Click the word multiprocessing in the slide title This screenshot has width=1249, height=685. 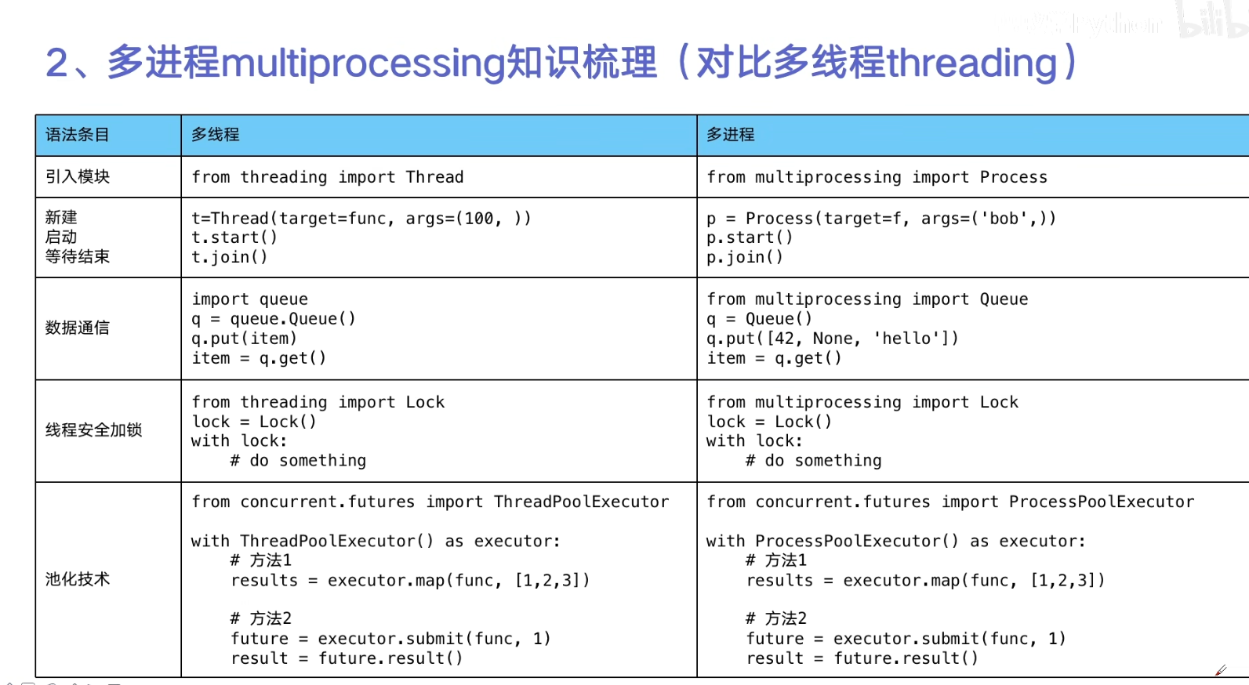pos(363,63)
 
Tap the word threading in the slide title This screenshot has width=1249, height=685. pos(972,63)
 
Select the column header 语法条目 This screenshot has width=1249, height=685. pos(78,135)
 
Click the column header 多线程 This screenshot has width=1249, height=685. pos(216,135)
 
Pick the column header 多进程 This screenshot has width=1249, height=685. pos(731,135)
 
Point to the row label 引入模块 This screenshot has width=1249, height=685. pos(78,176)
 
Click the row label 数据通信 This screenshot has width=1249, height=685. pos(78,328)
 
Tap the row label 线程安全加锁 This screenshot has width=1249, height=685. pos(93,430)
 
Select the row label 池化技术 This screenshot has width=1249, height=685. pos(78,580)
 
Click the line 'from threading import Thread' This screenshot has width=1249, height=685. pos(328,177)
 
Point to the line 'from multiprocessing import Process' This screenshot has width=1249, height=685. pos(877,177)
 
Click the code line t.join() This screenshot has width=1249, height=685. pos(230,257)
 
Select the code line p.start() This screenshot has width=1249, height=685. pos(750,237)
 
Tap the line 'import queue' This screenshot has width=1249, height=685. pos(250,299)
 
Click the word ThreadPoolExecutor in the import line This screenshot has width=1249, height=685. pos(582,502)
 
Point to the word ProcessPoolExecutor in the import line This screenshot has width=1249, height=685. pos(1102,502)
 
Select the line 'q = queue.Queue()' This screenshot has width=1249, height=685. pos(274,319)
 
